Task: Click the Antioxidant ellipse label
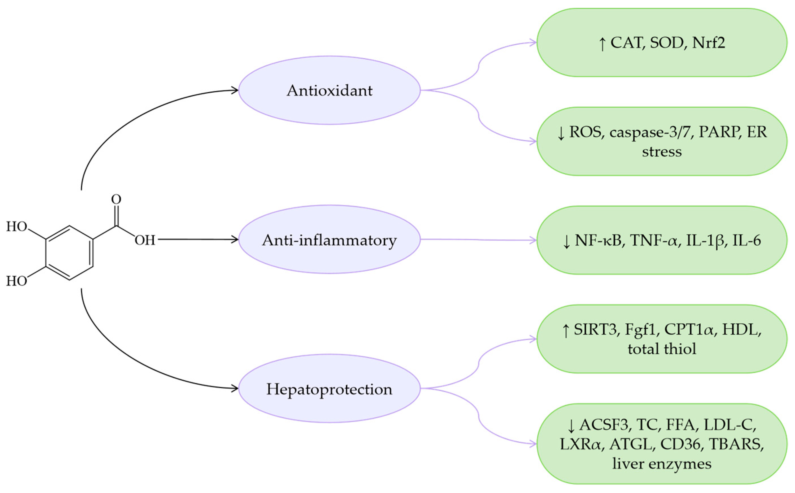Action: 329,90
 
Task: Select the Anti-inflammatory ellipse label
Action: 329,240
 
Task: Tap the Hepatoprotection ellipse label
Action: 329,389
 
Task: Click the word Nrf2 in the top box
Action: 709,43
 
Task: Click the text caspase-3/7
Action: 651,132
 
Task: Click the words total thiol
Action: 662,348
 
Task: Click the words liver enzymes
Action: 662,463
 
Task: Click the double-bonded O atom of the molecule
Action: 116,199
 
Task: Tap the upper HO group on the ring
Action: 17,227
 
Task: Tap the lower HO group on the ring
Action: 17,281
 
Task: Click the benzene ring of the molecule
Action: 69,253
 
